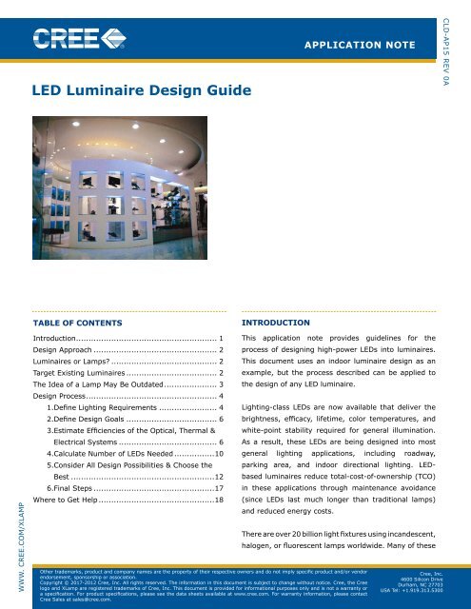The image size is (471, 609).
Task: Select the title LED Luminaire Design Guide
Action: coord(142,89)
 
